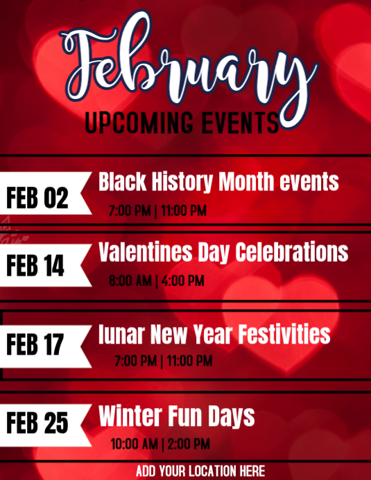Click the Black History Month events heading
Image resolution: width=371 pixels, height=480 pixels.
coord(218,182)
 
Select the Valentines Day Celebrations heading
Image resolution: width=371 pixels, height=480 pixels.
coord(223,252)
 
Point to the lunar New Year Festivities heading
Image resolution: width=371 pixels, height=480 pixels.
coord(214,335)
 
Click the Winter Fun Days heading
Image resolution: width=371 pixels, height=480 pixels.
coord(177,417)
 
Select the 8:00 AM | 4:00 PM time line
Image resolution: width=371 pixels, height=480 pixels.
coord(156,281)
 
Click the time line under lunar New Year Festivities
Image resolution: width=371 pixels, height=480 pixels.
coord(164,362)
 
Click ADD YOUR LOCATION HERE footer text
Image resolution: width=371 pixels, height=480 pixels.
coord(200,472)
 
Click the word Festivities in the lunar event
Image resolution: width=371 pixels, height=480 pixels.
coord(284,335)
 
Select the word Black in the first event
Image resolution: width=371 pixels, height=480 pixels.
coord(121,182)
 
